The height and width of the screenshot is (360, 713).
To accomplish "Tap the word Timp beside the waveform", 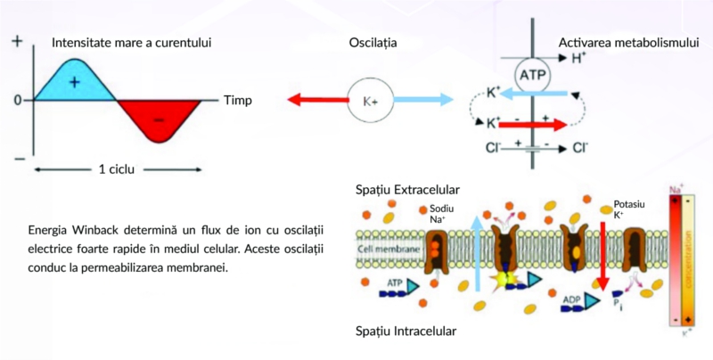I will coord(237,100).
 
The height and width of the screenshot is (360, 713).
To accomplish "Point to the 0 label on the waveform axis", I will coord(17,100).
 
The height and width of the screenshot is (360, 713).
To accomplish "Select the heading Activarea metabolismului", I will coord(628,42).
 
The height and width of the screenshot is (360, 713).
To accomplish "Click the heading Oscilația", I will coord(373,42).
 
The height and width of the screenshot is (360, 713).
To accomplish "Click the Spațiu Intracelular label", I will coord(405,330).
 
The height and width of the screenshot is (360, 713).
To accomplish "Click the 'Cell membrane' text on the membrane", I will coord(387,250).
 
